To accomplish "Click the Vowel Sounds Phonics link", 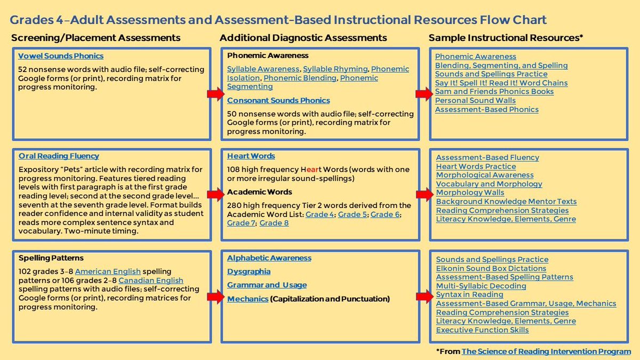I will click(x=61, y=56).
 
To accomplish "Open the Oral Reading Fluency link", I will click(x=59, y=156).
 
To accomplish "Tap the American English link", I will click(x=108, y=271).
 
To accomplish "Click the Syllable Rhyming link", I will click(x=335, y=69).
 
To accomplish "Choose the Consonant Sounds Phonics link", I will click(x=278, y=100).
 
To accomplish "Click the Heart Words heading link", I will click(x=251, y=156).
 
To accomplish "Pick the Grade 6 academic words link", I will click(x=385, y=214).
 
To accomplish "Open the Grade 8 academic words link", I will click(x=274, y=223).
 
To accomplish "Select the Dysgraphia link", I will click(x=249, y=271).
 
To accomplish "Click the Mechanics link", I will click(x=247, y=299).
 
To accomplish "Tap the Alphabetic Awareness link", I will click(x=269, y=258).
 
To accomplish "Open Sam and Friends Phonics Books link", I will click(x=494, y=92).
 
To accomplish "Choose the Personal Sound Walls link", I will click(x=475, y=100).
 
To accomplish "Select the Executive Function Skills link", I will click(x=482, y=330).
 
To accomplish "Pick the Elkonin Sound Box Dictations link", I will click(x=491, y=268).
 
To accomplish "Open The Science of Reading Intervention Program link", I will click(x=546, y=351).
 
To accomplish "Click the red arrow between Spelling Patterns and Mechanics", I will click(x=215, y=297).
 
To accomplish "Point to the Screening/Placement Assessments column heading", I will click(x=96, y=38).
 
